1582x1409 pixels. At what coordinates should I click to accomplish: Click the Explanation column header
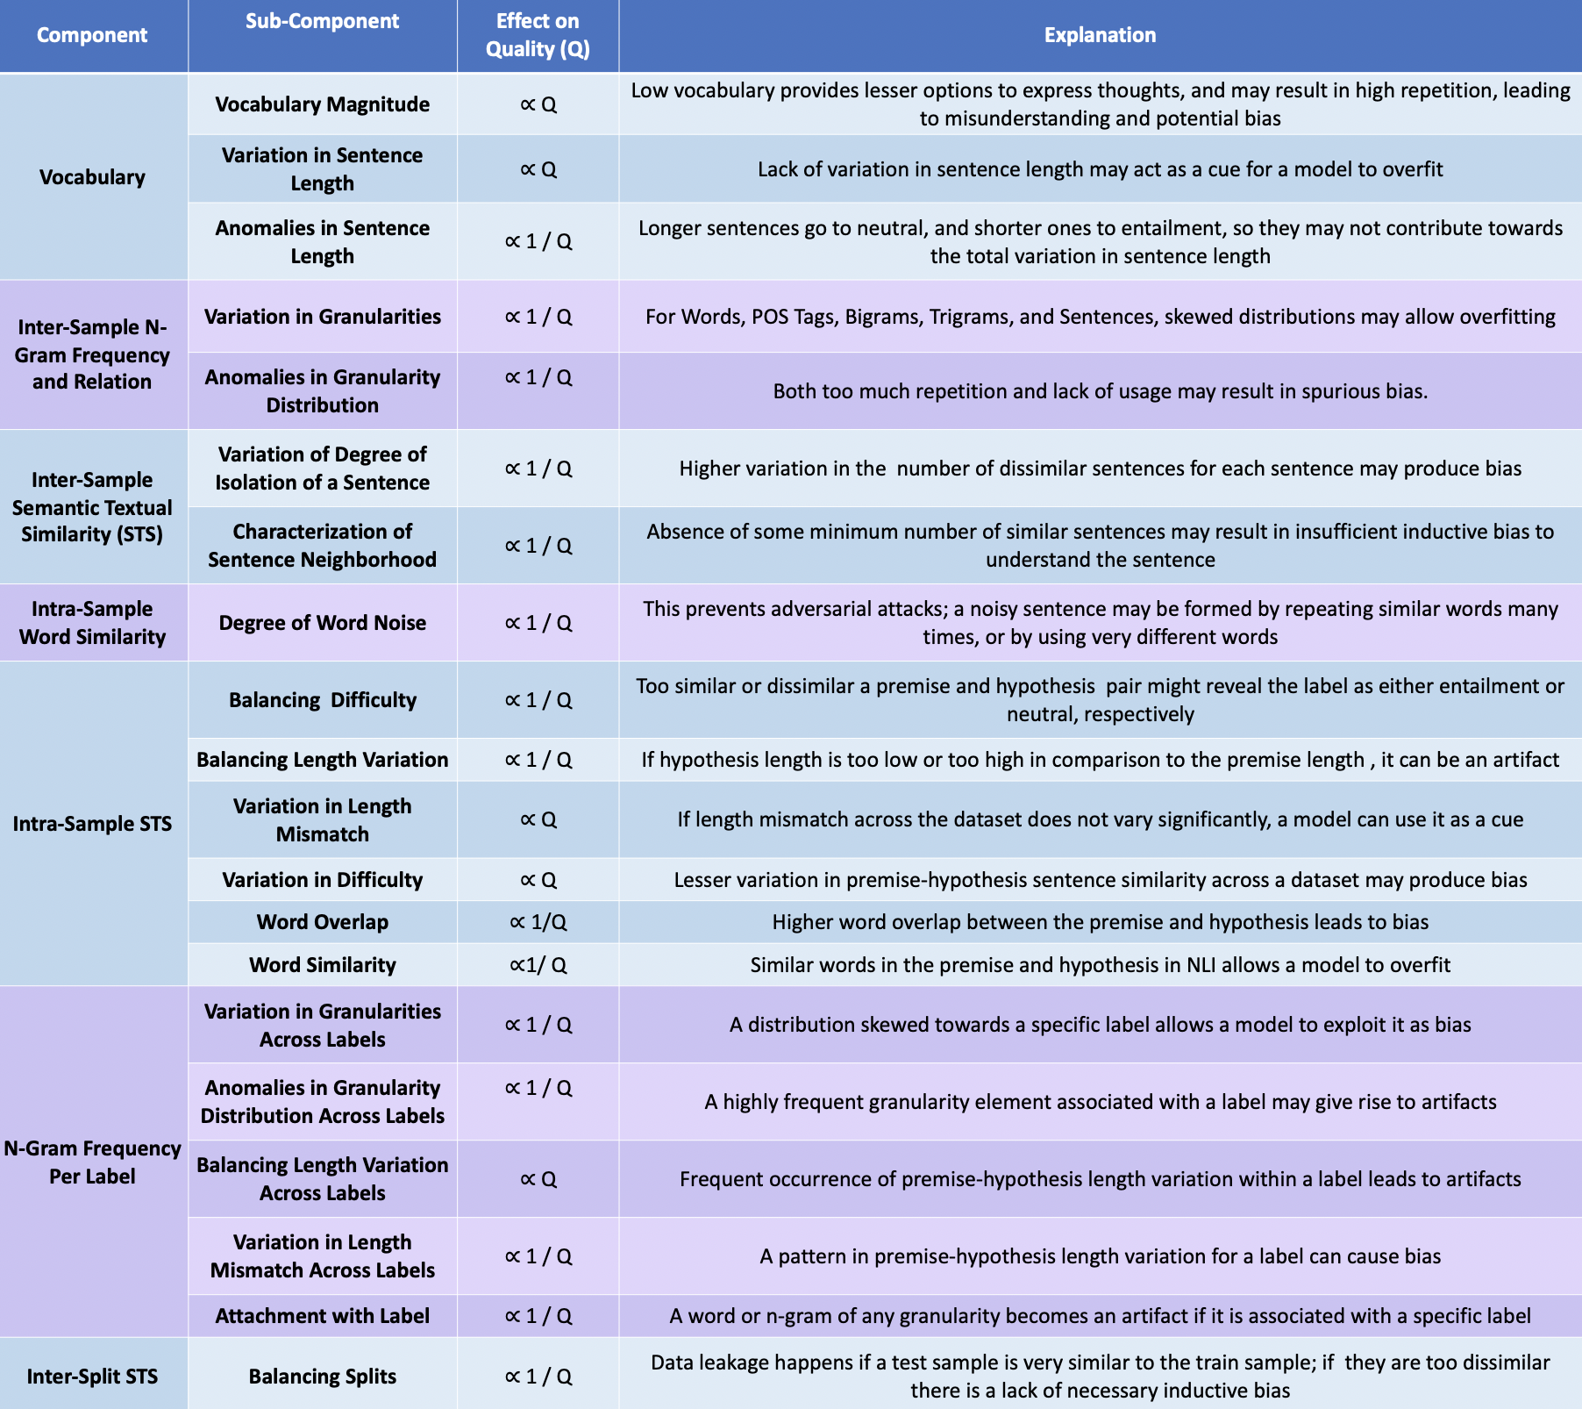coord(1100,35)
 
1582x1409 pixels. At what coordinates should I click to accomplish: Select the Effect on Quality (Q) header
coord(538,35)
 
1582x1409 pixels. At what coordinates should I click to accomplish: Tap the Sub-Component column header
coord(322,21)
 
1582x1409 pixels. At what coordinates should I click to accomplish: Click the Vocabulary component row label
coord(92,177)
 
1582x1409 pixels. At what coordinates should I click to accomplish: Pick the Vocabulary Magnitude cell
coord(322,104)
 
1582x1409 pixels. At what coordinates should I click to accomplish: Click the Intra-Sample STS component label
coord(92,824)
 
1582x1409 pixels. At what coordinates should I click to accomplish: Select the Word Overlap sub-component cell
coord(322,922)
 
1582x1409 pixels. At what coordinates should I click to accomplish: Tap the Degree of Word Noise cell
coord(322,623)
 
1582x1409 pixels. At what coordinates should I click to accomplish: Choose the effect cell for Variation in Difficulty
coord(538,880)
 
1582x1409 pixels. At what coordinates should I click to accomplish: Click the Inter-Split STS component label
coord(92,1377)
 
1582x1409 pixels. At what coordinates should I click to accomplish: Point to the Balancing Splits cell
coord(322,1377)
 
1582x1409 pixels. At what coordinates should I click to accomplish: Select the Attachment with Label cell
coord(322,1316)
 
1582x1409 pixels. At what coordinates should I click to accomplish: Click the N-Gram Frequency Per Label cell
coord(92,1162)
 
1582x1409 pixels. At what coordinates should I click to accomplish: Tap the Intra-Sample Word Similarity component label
coord(92,623)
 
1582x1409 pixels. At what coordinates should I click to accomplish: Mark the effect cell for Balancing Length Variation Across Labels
coord(538,1179)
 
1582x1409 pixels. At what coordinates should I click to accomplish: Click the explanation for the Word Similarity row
coord(1100,965)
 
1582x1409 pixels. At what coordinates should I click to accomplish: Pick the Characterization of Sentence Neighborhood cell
coord(322,546)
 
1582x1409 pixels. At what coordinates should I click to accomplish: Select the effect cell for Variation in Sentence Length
coord(538,169)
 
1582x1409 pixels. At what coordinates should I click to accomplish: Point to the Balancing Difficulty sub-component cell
coord(322,700)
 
